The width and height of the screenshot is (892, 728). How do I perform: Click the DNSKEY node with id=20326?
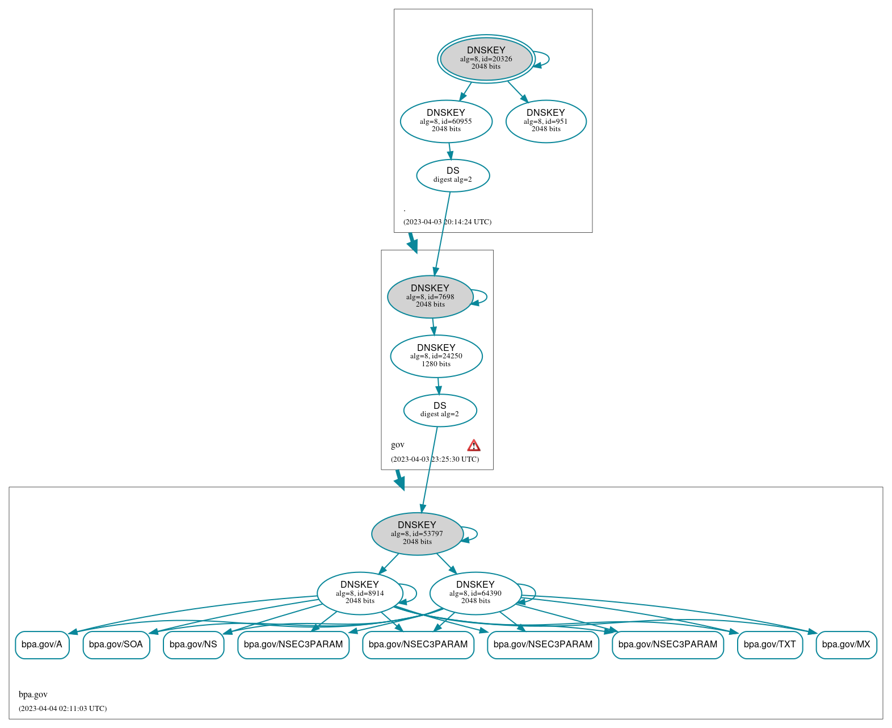(x=486, y=58)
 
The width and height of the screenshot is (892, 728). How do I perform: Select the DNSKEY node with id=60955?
(x=446, y=121)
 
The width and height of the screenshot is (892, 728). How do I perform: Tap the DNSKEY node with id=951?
(x=545, y=121)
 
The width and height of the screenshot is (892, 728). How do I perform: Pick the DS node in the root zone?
(x=453, y=175)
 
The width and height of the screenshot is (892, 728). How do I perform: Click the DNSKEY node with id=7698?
(x=430, y=296)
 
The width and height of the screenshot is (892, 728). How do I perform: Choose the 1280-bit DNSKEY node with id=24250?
(x=436, y=356)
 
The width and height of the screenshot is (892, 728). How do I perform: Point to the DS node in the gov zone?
(x=440, y=410)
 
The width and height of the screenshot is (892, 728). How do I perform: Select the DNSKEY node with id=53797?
(x=417, y=534)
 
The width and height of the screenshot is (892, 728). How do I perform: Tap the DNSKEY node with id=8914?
(x=360, y=593)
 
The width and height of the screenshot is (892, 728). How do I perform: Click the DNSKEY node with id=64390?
(x=476, y=593)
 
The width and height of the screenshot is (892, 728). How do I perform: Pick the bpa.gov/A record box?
(x=42, y=645)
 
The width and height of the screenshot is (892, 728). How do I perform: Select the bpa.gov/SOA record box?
(x=116, y=645)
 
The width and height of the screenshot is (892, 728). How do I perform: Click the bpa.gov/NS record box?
(x=193, y=645)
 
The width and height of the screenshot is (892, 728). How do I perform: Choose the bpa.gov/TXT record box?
(x=769, y=645)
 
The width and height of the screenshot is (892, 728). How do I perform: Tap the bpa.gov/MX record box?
(x=846, y=645)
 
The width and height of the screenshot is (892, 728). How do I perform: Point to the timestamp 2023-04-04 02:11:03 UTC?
(x=62, y=708)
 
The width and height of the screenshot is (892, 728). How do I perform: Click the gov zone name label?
(x=398, y=445)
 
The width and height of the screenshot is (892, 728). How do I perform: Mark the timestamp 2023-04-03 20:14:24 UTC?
(x=447, y=221)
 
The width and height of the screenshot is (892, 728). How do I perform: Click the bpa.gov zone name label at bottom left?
(x=33, y=694)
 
